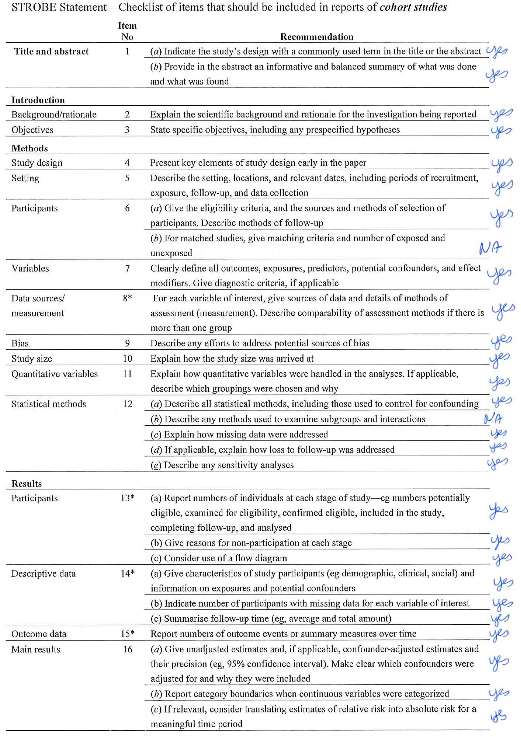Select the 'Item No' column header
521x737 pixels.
(127, 31)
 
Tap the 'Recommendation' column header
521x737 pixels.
(317, 37)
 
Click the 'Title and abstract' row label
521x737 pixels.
(51, 51)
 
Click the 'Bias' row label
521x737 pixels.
(20, 343)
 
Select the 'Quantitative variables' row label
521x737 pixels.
(55, 374)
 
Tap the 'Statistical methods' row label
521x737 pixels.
(49, 404)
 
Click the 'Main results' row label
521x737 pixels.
(36, 649)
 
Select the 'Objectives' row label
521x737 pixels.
(32, 130)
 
